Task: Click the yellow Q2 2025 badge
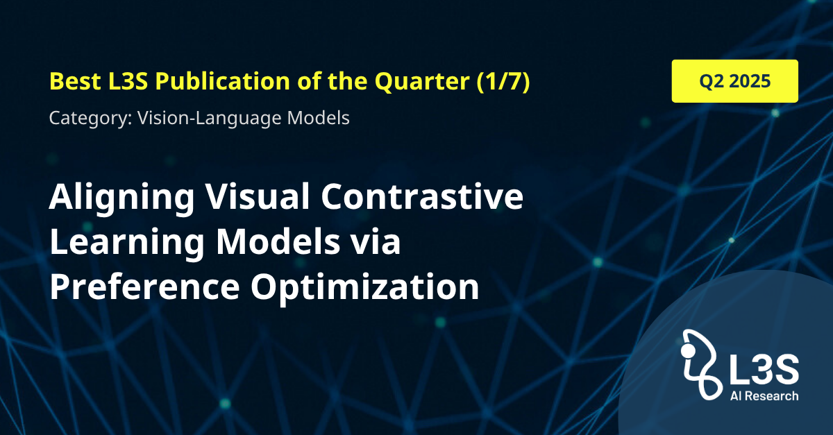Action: [735, 81]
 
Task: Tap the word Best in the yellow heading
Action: [75, 80]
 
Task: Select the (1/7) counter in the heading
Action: [503, 81]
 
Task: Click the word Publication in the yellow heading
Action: [222, 80]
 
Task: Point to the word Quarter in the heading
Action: [422, 82]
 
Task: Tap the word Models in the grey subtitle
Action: [319, 117]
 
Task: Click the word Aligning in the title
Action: [121, 198]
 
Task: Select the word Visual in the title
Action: [258, 196]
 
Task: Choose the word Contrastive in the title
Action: [422, 196]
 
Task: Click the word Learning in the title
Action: [127, 243]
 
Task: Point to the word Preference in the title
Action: [144, 287]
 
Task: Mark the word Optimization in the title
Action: [365, 288]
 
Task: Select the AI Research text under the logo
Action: [764, 395]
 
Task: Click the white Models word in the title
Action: [278, 241]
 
